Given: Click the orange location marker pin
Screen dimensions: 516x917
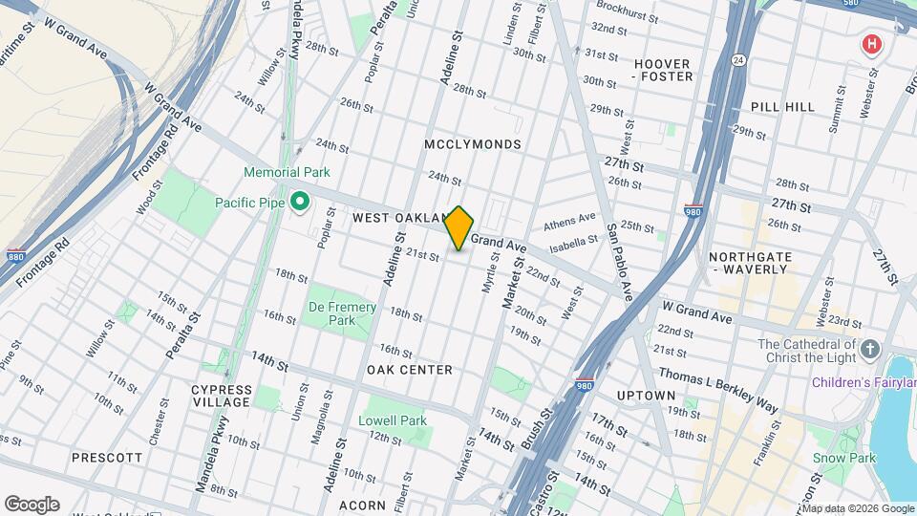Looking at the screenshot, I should click(459, 228).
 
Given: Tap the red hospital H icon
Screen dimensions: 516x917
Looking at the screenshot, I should click(870, 44).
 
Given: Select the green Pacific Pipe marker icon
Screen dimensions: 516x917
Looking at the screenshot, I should click(299, 202).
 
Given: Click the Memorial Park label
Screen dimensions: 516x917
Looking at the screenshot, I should click(287, 173).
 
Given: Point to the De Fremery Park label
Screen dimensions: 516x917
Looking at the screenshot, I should click(341, 313).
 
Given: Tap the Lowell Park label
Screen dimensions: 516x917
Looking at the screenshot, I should click(393, 420).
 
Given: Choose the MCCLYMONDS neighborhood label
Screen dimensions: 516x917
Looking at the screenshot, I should click(474, 144).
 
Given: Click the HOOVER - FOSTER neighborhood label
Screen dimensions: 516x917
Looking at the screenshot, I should click(662, 69).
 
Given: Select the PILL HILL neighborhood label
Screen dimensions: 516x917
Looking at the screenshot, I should click(782, 107).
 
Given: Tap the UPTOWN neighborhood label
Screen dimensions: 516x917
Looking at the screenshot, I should click(646, 396).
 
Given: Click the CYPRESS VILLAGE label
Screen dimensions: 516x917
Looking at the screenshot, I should click(222, 396).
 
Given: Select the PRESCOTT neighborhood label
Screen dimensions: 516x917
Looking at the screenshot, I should click(107, 458).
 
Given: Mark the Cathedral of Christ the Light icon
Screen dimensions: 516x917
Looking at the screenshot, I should click(869, 349).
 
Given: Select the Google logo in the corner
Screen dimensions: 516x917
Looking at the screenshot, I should click(32, 504).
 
